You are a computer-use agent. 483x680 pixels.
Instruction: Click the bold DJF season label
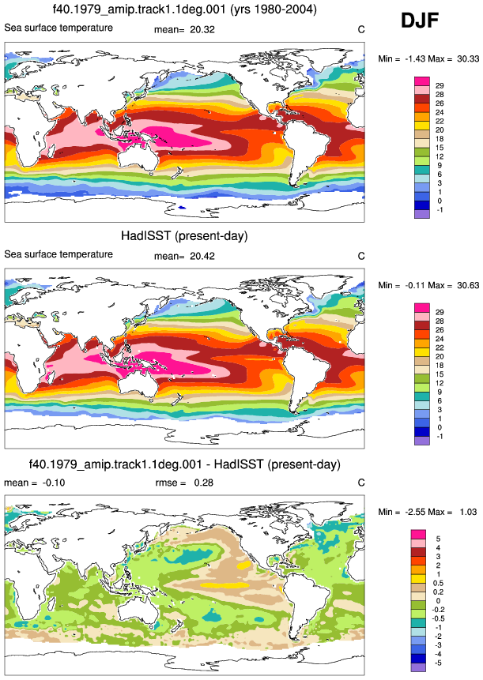(x=420, y=20)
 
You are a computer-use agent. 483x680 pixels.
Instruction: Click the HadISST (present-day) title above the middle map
(x=184, y=236)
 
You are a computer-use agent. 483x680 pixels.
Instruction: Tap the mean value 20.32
(x=202, y=29)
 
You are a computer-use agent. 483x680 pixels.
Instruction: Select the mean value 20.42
(x=202, y=257)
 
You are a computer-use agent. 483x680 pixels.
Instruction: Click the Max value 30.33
(x=468, y=59)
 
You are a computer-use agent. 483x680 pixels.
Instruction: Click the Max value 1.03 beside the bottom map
(x=468, y=512)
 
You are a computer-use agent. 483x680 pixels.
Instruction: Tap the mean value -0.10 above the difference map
(x=54, y=483)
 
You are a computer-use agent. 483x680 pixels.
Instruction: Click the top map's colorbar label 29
(x=440, y=86)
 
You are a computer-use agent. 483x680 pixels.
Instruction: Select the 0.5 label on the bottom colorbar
(x=438, y=584)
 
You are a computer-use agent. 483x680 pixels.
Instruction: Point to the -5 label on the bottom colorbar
(x=438, y=663)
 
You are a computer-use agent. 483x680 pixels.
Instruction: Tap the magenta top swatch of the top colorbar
(x=422, y=81)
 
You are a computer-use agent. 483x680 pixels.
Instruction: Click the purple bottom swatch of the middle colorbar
(x=422, y=441)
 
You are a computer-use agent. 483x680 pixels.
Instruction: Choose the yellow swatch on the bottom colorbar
(x=418, y=579)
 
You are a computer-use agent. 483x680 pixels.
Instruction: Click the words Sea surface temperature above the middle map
(x=58, y=254)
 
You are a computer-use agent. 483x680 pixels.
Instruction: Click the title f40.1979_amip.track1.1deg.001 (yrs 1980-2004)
(x=184, y=9)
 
